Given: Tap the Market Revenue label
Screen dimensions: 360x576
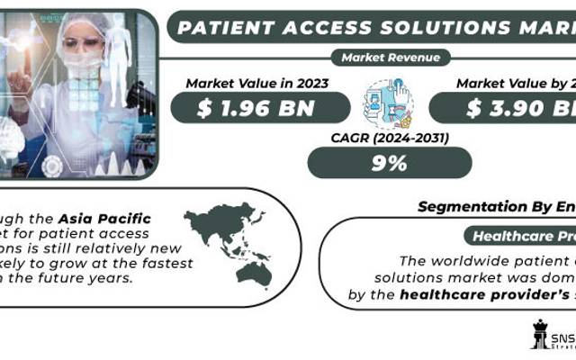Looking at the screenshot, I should click(x=390, y=58).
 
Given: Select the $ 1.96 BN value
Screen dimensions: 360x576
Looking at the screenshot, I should click(x=261, y=108).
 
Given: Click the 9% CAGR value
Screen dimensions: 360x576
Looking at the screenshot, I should click(x=389, y=163).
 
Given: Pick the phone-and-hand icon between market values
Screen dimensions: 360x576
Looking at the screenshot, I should click(x=389, y=103).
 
